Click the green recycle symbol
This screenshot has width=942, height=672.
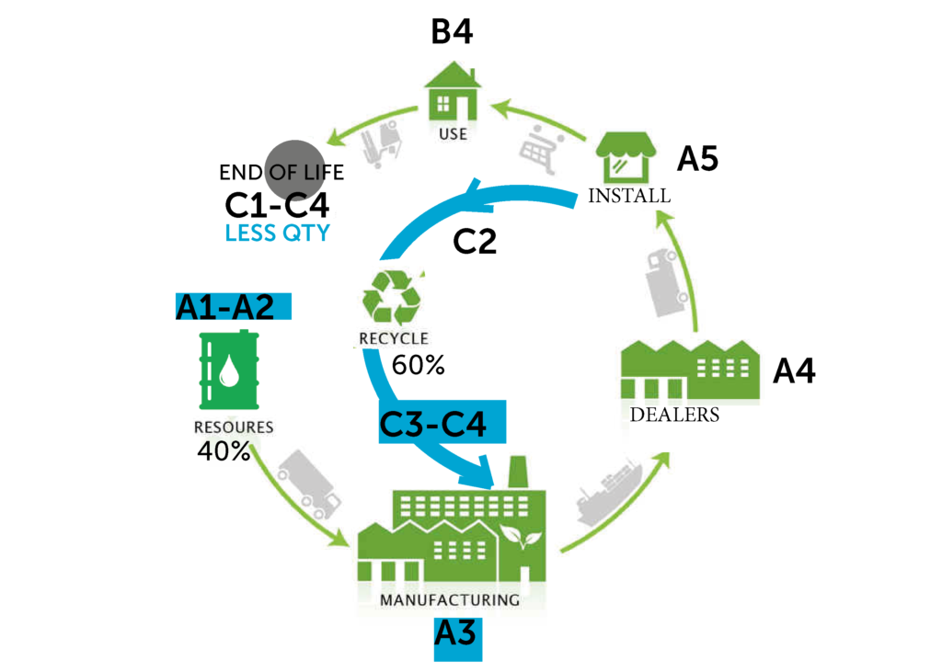point(392,297)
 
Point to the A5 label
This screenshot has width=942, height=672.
point(697,159)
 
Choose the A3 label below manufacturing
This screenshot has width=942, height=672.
point(457,634)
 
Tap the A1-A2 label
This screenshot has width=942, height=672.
point(226,307)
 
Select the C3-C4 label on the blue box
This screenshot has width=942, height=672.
point(432,425)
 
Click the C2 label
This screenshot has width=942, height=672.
point(475,241)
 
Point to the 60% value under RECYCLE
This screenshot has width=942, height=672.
point(418,365)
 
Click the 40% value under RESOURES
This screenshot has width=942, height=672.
point(224,451)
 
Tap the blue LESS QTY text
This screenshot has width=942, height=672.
point(277,233)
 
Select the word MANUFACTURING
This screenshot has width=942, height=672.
point(450,600)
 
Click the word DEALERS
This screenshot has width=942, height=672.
point(674,415)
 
